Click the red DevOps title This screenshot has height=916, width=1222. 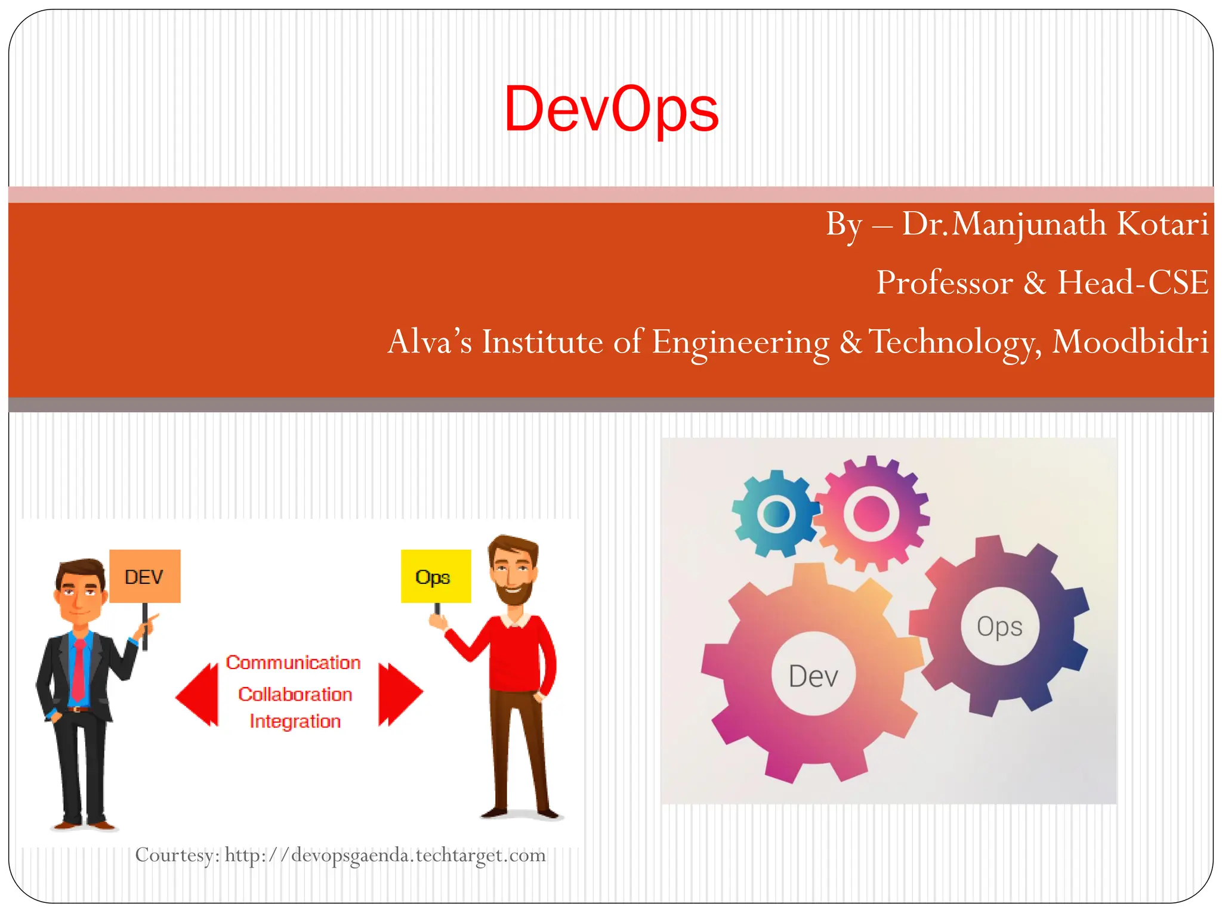(611, 110)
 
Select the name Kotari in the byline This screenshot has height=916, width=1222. (1162, 224)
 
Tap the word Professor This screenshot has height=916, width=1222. (945, 283)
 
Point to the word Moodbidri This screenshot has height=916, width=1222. (1130, 342)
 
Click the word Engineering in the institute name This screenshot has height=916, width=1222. (740, 342)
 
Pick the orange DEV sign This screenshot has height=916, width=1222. (144, 576)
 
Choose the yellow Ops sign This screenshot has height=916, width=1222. (435, 576)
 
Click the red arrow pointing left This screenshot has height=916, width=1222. (198, 695)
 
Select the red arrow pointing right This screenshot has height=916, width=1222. (400, 694)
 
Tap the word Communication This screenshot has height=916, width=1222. (293, 663)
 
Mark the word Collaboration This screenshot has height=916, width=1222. (295, 694)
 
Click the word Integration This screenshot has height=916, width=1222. (295, 722)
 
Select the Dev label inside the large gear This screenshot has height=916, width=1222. (813, 676)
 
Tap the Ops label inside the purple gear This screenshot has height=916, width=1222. (999, 627)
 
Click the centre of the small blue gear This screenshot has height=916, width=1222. (776, 513)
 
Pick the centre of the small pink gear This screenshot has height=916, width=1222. (871, 512)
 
